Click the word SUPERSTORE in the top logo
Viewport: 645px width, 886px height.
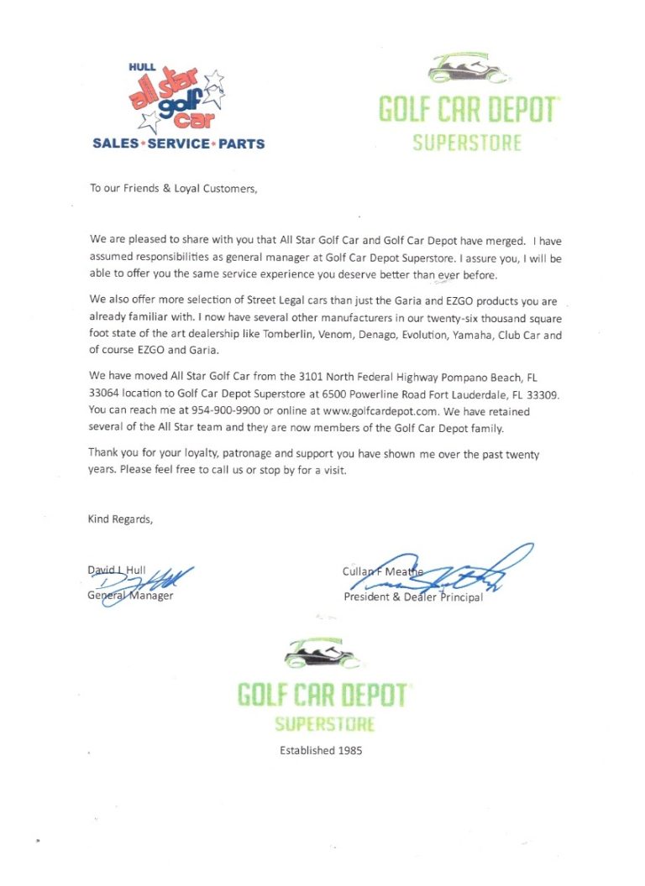(x=467, y=142)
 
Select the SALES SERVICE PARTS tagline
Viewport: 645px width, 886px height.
(x=178, y=143)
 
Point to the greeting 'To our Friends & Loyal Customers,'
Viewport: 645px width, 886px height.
(x=173, y=189)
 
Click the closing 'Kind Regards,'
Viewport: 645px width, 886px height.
(x=121, y=519)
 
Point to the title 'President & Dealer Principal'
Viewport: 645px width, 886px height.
(x=413, y=597)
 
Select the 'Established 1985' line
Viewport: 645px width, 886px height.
(x=321, y=751)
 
